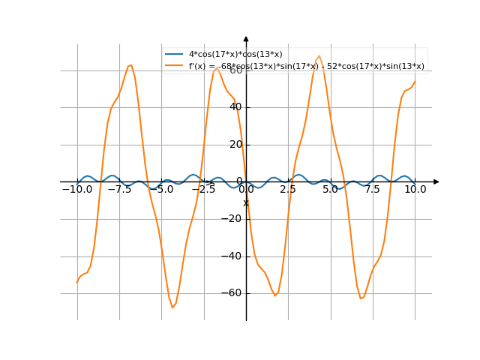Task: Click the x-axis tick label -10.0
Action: (76, 190)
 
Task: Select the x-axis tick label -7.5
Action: (119, 190)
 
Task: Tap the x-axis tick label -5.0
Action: (161, 190)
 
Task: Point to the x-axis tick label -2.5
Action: (203, 190)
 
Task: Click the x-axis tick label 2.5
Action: (288, 190)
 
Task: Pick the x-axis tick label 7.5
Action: (373, 190)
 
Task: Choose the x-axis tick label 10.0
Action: (415, 190)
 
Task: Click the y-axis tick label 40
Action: (235, 107)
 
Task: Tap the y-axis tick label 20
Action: (235, 144)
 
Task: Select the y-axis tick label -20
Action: (233, 218)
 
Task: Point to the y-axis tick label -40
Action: (233, 256)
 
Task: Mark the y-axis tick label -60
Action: (233, 292)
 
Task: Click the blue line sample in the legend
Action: (174, 55)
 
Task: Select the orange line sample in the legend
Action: (174, 66)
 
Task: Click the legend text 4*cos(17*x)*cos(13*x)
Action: (235, 55)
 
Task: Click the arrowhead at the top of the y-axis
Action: (246, 39)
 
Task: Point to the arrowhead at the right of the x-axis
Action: (436, 181)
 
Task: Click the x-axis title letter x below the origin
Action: (245, 202)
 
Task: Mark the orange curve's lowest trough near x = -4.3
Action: (172, 307)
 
